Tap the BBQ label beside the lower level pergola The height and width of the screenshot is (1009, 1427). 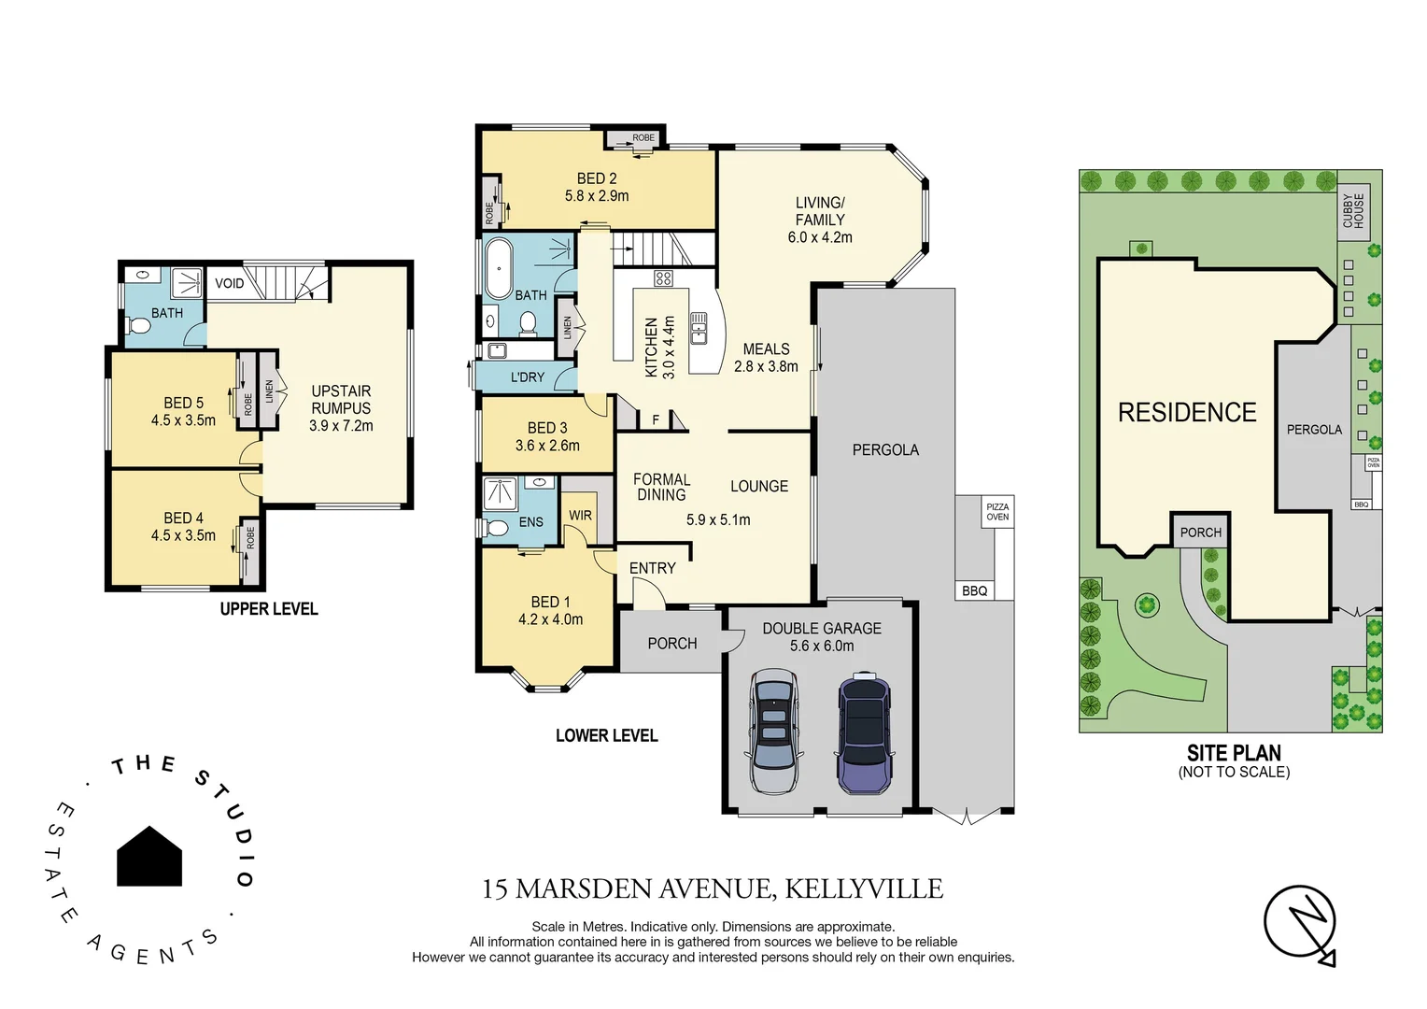tap(974, 590)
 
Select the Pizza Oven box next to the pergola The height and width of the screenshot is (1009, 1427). tap(997, 512)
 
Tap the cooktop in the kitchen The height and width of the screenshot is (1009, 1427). tap(663, 277)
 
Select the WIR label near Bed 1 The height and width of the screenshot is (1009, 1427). tap(580, 516)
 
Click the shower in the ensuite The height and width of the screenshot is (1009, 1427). tap(500, 493)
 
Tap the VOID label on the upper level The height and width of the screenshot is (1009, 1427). tap(229, 283)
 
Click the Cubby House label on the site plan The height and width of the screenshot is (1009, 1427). tap(1353, 210)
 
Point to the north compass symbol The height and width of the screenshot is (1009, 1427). tap(1300, 923)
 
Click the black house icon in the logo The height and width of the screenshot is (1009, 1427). tap(149, 857)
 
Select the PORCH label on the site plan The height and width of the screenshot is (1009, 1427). tap(1200, 533)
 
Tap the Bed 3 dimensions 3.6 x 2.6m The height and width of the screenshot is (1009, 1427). tap(547, 446)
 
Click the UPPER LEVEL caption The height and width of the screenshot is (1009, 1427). tap(269, 609)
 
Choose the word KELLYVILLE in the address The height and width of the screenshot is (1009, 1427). tap(863, 888)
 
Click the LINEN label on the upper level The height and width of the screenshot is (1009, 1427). tap(269, 391)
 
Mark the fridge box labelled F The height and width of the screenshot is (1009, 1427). tap(656, 420)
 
